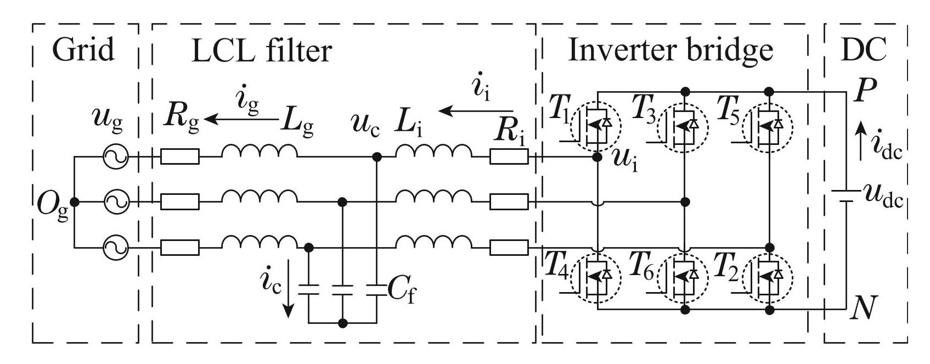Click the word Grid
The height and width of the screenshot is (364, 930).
click(x=83, y=50)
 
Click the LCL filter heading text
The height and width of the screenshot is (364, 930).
click(x=262, y=51)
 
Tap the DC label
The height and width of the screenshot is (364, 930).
click(x=864, y=50)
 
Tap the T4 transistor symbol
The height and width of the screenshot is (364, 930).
click(x=596, y=278)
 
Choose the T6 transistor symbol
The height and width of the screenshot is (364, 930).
click(x=682, y=278)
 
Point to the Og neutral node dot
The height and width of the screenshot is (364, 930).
click(x=75, y=203)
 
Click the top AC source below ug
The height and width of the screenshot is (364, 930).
click(x=116, y=158)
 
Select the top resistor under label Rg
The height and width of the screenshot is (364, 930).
click(x=180, y=158)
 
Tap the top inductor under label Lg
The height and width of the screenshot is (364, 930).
click(x=260, y=153)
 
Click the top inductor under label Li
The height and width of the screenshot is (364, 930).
click(x=433, y=153)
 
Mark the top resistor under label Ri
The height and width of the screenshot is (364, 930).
click(x=509, y=158)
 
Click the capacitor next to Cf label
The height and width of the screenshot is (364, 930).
click(x=376, y=289)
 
